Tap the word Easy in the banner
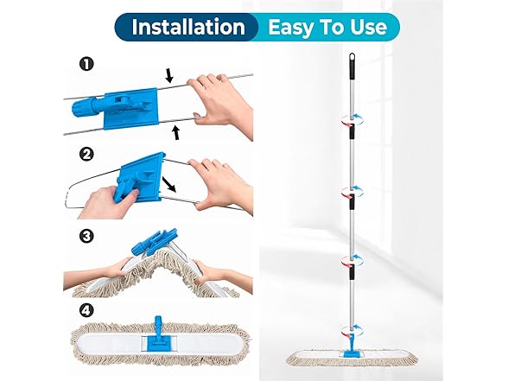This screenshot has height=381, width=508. coord(294,26)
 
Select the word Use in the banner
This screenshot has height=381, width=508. coord(365,26)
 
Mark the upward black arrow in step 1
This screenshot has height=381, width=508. coord(178,130)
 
